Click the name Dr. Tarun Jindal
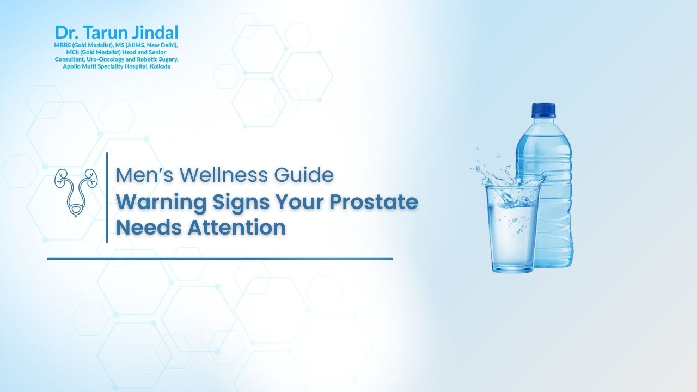pos(117,32)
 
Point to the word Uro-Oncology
pos(105,59)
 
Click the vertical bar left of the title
pos(107,198)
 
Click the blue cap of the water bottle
pos(544,111)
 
